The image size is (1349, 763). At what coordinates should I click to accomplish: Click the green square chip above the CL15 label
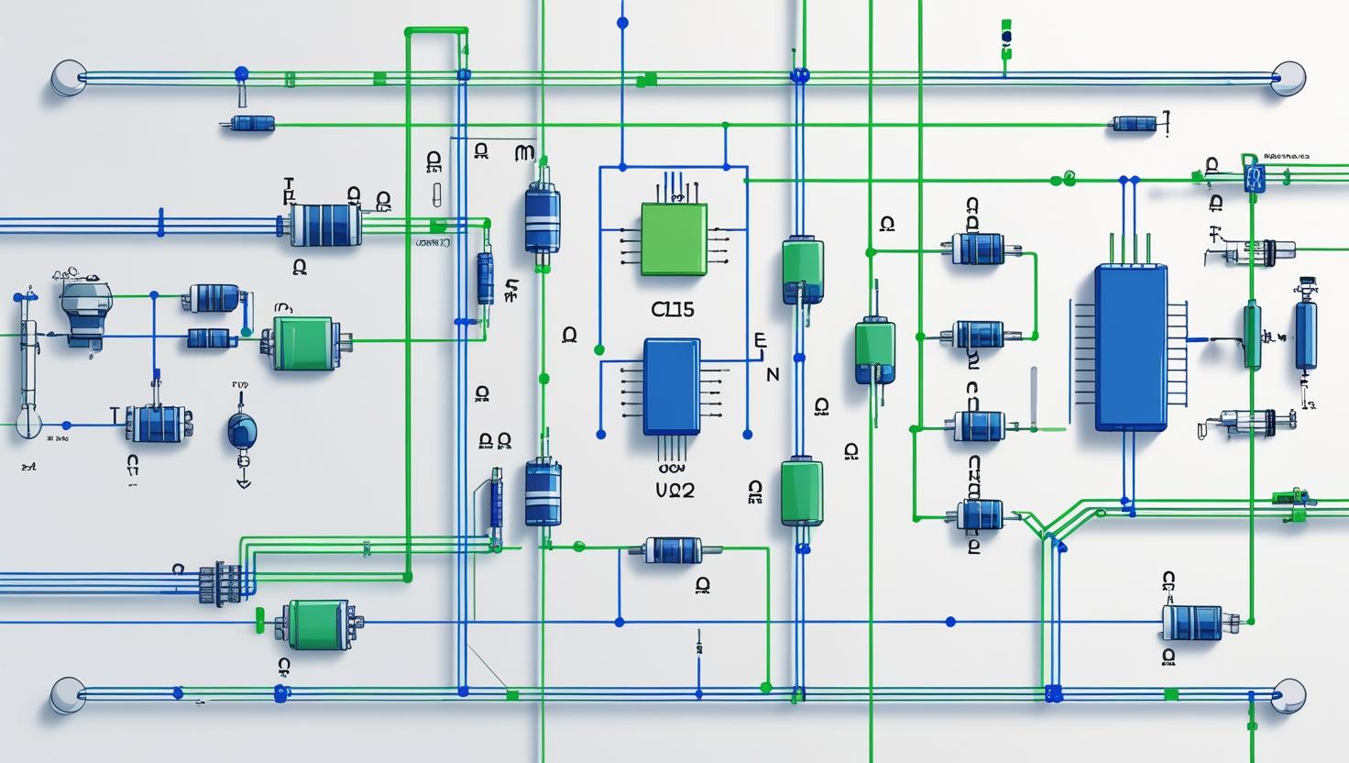click(674, 238)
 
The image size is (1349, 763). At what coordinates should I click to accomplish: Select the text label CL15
click(673, 310)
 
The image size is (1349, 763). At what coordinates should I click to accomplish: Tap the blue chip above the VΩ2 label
click(672, 385)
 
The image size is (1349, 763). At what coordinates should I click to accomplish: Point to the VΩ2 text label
click(674, 491)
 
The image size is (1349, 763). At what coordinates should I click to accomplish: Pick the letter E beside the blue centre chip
click(759, 340)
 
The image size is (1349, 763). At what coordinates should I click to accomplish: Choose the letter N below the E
click(772, 374)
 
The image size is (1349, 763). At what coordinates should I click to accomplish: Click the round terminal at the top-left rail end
click(67, 78)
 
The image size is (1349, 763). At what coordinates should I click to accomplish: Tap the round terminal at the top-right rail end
click(1288, 78)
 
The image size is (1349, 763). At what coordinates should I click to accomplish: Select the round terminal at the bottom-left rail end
click(67, 694)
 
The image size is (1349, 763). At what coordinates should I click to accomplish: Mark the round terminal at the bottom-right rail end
click(1288, 694)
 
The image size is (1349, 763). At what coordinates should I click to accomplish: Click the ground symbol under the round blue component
click(243, 481)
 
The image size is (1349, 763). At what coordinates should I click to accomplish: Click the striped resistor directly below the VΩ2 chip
click(674, 550)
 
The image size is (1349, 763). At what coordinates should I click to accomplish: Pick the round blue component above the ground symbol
click(242, 429)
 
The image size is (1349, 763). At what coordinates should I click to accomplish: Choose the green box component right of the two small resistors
click(302, 344)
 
